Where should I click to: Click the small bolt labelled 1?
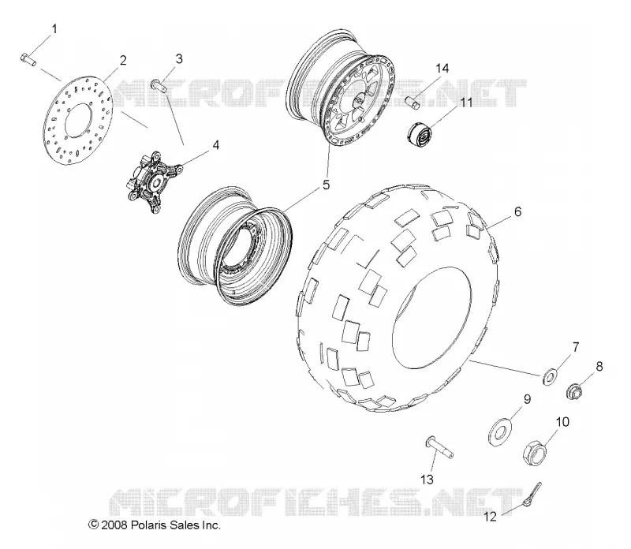(x=28, y=60)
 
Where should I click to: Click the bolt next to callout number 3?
(x=160, y=86)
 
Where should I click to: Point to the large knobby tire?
(x=398, y=299)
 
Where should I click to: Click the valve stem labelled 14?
(x=412, y=103)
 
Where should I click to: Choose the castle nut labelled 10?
(x=535, y=454)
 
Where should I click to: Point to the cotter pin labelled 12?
(x=533, y=494)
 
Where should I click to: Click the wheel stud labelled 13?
(x=439, y=446)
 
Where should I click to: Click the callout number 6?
(x=517, y=211)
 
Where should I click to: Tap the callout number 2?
(x=123, y=60)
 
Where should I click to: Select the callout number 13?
(x=427, y=480)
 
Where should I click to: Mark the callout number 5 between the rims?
(x=326, y=185)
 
